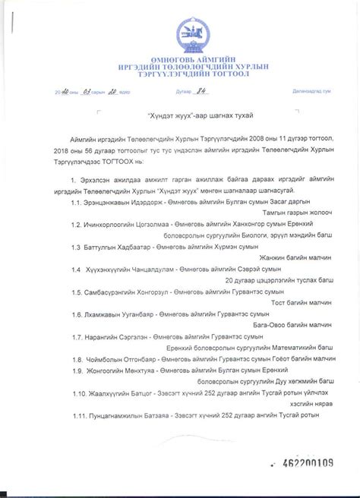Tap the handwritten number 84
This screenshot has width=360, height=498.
click(x=202, y=91)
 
